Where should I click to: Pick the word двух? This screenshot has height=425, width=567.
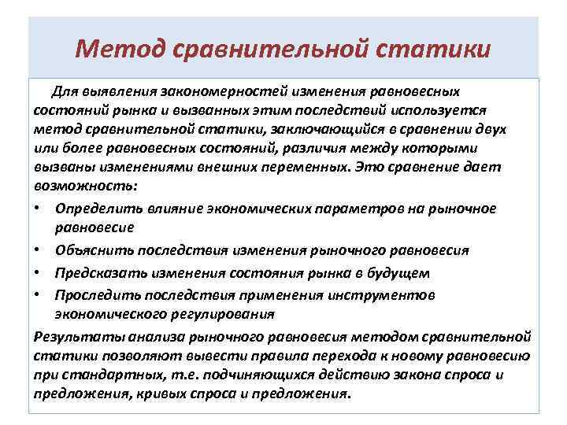pos(491,129)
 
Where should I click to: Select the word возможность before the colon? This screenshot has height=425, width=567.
pos(83,185)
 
